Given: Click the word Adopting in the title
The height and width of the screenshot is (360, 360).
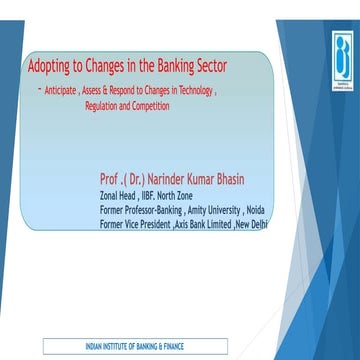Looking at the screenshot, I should tap(52, 67).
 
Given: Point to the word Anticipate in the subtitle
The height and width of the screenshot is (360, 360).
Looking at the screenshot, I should tap(67, 90).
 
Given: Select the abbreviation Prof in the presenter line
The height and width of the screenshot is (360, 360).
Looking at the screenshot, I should tap(111, 179).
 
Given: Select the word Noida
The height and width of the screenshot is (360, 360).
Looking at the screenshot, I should tap(258, 210).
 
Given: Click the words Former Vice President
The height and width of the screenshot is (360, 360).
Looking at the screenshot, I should tap(135, 224).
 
